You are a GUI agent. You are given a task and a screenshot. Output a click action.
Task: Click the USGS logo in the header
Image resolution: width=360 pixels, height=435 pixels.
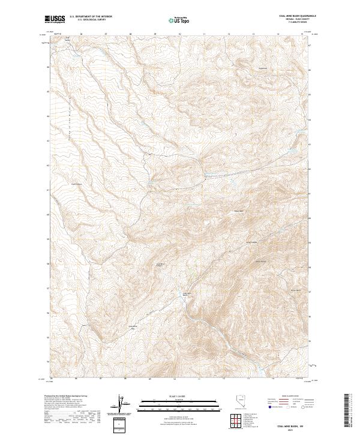55,19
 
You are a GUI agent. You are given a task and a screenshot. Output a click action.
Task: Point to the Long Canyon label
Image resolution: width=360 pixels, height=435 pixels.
250,242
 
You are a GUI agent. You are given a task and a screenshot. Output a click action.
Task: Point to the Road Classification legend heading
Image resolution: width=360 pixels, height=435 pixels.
288,397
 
